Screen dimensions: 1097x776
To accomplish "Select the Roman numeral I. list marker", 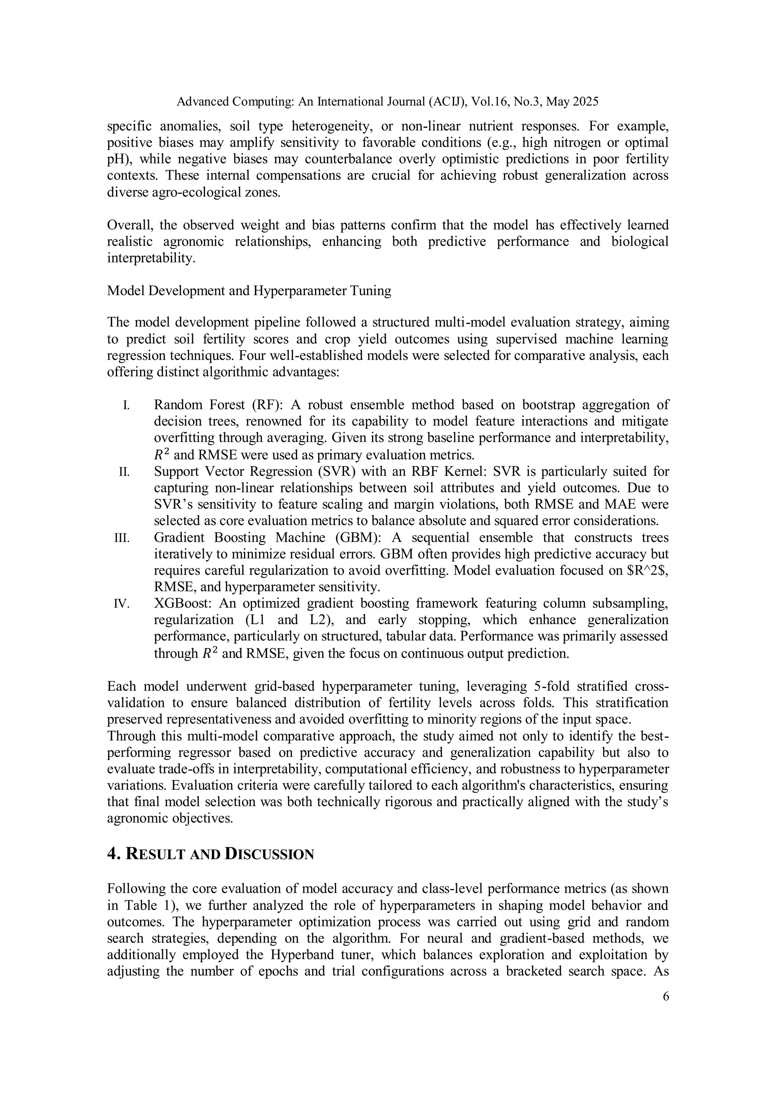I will point(126,406).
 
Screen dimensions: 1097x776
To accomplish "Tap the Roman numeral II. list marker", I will point(124,472).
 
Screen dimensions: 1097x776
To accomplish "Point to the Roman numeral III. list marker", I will point(122,538).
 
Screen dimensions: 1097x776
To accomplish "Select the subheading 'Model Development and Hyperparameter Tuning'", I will point(249,291).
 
